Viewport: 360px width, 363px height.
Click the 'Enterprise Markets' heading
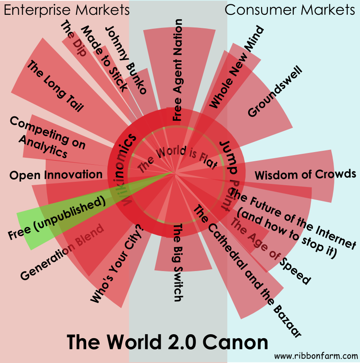67,10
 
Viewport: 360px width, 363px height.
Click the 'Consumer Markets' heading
290,10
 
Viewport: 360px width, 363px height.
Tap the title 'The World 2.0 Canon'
168,342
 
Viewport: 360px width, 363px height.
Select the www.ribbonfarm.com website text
316,355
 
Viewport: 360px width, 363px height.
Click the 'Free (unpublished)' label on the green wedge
58,219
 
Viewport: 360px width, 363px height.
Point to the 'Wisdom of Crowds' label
306,174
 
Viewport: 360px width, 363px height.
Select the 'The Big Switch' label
177,263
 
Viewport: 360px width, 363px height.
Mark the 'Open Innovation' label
56,175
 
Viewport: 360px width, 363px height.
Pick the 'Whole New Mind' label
237,67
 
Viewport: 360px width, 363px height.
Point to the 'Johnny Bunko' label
126,60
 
